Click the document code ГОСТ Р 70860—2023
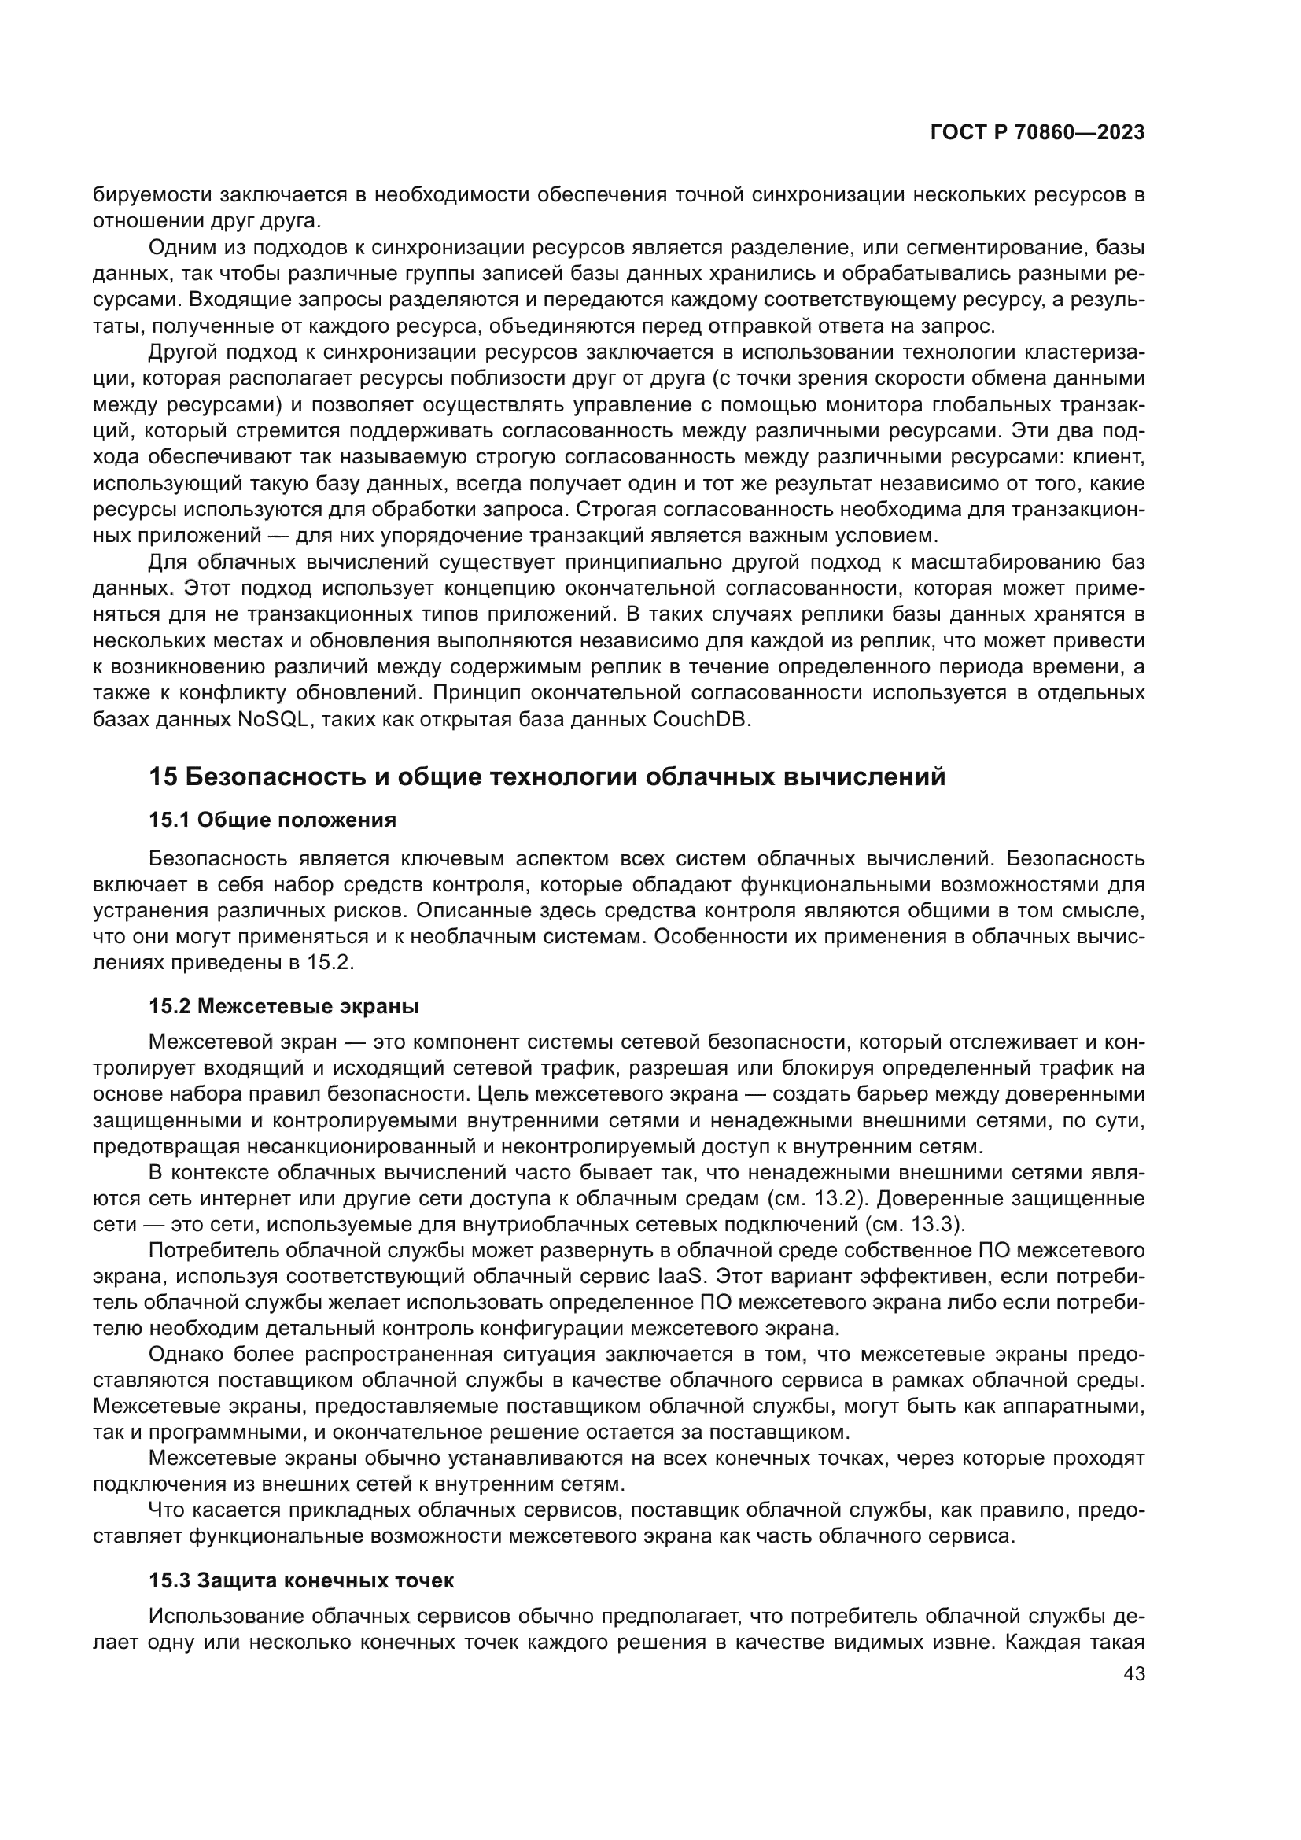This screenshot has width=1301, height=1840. (x=1037, y=133)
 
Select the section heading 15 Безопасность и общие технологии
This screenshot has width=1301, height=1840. (x=547, y=776)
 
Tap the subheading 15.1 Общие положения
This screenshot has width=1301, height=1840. (x=272, y=820)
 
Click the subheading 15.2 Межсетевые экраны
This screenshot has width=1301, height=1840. (x=284, y=1006)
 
